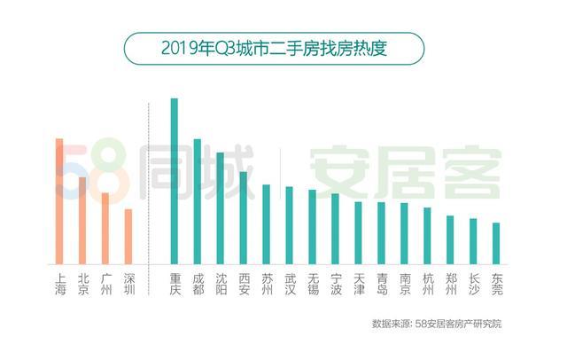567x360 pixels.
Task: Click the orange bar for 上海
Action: point(59,200)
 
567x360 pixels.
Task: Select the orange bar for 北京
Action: point(82,220)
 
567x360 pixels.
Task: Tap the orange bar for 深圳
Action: point(128,236)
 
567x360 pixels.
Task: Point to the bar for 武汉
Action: point(289,224)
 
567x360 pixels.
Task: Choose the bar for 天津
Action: point(358,232)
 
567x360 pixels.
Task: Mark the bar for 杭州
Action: point(427,235)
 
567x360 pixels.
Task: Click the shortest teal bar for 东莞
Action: point(496,242)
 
